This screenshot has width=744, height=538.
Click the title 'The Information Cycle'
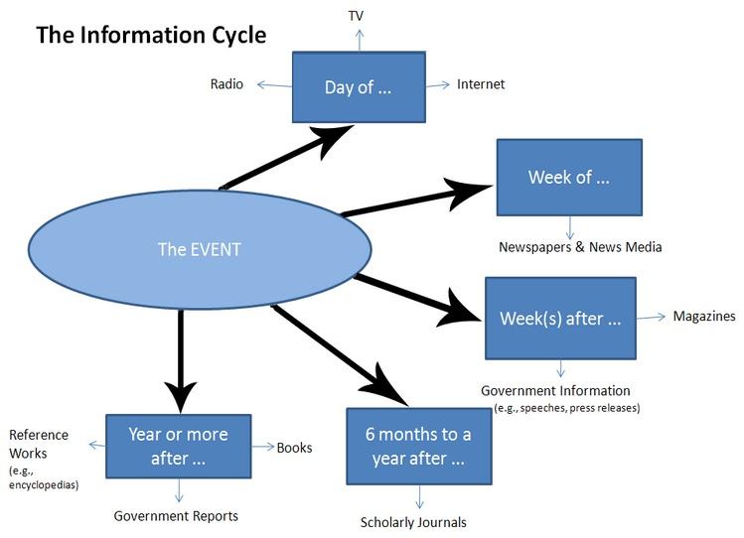(151, 36)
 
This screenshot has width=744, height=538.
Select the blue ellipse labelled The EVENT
(199, 248)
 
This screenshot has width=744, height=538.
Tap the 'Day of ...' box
(359, 87)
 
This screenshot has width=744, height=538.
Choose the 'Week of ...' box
(568, 178)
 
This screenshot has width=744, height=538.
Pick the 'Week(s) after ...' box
(560, 319)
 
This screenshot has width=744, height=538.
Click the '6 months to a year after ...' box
(418, 447)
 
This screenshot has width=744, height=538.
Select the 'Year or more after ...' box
(178, 447)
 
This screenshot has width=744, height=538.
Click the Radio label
(226, 84)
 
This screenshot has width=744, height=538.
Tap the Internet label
(481, 84)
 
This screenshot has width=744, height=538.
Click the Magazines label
(704, 317)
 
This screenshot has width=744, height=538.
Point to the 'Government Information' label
(555, 391)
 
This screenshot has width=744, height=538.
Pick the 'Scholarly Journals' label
(413, 522)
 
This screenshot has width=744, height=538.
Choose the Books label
(294, 448)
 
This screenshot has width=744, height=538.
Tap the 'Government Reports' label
(176, 516)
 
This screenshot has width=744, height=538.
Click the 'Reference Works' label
(39, 444)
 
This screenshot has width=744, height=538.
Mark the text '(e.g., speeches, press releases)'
(567, 408)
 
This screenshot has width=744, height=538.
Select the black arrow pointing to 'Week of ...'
(417, 200)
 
